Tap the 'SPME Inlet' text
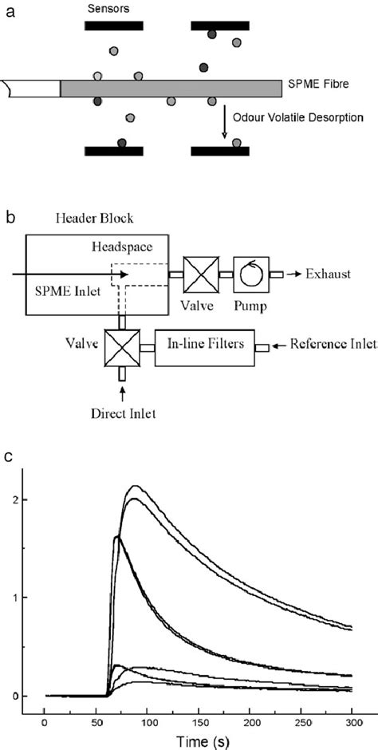pos(63,291)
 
